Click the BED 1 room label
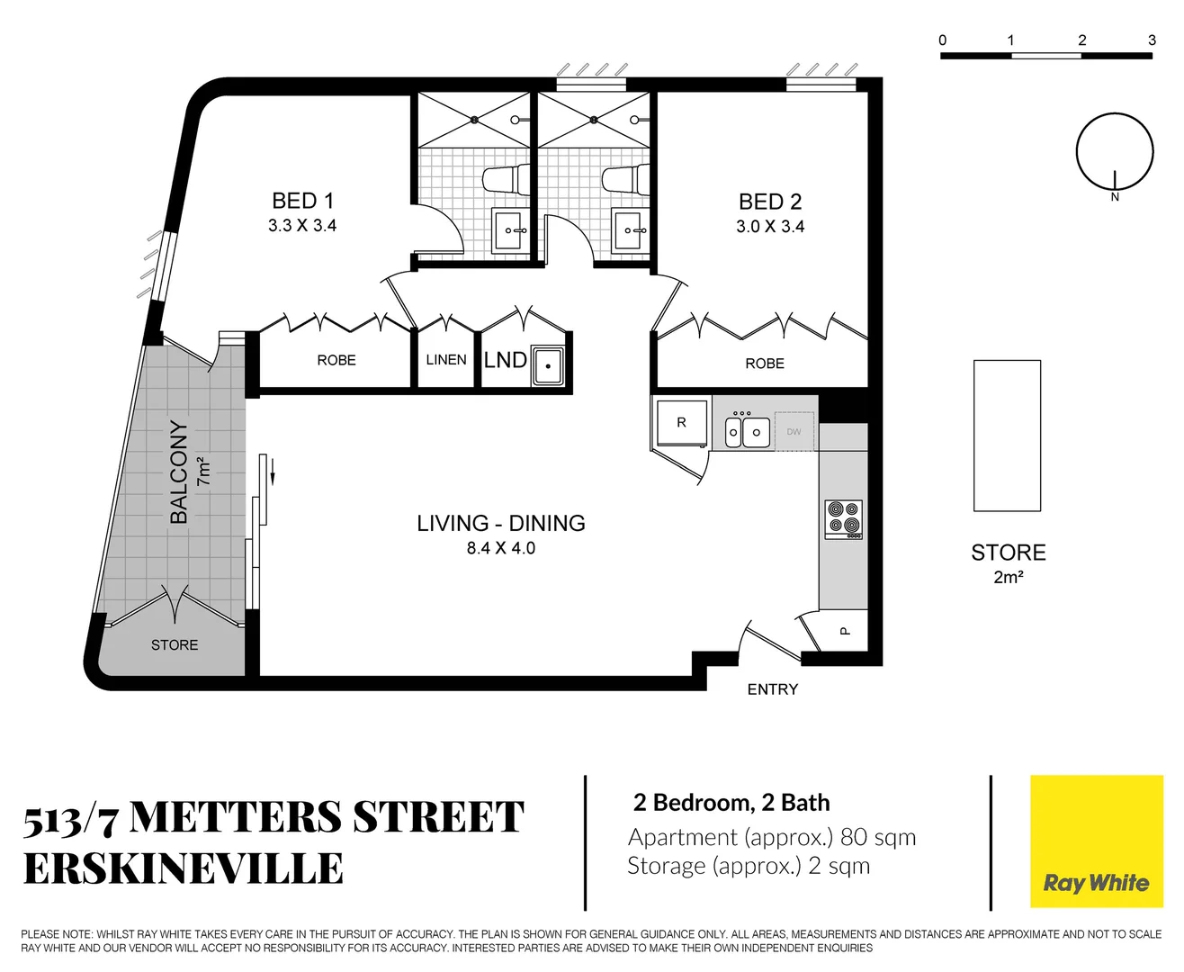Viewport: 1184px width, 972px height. (x=302, y=201)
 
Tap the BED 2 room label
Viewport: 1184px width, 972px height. (x=769, y=202)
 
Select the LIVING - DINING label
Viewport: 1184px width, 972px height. (x=500, y=523)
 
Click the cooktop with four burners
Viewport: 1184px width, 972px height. (x=844, y=519)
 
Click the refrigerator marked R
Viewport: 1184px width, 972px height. (x=681, y=423)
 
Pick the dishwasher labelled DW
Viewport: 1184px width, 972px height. (x=794, y=432)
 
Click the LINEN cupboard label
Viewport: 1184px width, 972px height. (x=446, y=360)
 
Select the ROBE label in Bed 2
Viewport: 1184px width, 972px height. (x=765, y=364)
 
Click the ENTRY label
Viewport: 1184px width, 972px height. (x=773, y=689)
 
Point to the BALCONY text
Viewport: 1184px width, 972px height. (x=179, y=472)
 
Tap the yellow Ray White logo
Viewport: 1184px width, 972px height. (x=1096, y=841)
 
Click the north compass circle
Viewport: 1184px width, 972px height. (x=1115, y=151)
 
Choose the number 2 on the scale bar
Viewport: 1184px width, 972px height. (x=1081, y=40)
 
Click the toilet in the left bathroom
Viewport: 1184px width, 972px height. (x=506, y=179)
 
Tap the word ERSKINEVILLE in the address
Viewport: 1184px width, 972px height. (x=184, y=869)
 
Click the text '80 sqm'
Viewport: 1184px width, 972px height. (x=877, y=837)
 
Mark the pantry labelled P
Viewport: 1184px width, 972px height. (x=844, y=631)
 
